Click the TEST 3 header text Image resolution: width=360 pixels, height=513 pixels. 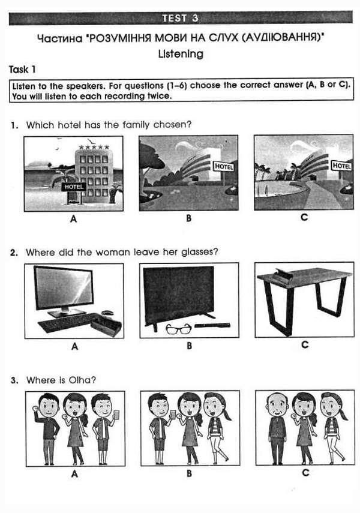pos(180,18)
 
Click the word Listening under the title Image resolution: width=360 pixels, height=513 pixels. pos(180,54)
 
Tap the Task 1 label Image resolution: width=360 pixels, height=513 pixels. pos(23,70)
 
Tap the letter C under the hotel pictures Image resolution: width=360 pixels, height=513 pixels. pos(304,217)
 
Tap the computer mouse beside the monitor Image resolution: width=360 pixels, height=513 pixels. pos(107,313)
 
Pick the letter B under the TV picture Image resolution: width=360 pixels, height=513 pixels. pos(189,346)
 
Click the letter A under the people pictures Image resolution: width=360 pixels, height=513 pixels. pos(74,473)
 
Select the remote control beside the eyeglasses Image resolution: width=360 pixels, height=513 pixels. pos(212,326)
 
